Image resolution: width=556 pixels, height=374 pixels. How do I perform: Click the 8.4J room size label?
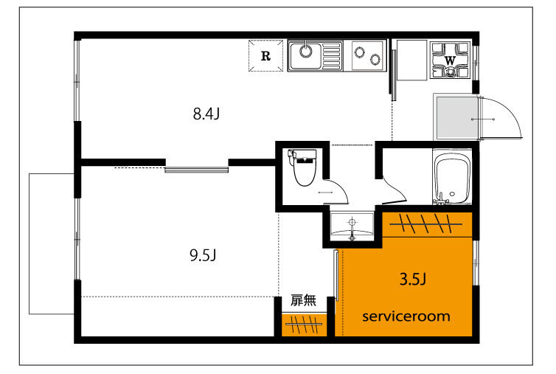206,114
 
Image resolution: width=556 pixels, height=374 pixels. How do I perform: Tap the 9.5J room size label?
204,255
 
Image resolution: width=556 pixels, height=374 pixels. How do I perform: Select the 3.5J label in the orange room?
413,280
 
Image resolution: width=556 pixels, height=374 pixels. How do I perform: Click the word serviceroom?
406,316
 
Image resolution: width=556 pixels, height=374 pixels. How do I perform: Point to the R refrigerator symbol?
265,56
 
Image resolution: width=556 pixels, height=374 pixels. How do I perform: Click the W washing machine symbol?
450,60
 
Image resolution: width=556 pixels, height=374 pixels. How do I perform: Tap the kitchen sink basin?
306,56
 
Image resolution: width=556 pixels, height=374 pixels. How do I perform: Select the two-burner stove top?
369,56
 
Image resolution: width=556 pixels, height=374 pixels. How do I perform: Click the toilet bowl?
305,168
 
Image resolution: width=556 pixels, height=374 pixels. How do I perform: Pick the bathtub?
452,177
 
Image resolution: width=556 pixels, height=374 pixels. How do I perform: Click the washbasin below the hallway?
352,226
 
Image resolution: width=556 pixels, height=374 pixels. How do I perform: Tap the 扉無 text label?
303,300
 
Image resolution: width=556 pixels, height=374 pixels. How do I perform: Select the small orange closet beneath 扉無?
305,325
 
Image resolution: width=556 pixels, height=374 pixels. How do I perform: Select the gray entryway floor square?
457,118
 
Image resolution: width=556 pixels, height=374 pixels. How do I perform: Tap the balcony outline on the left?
29,243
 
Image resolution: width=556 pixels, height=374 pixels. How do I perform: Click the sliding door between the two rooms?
196,170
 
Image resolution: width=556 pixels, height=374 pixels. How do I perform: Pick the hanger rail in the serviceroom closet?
426,224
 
